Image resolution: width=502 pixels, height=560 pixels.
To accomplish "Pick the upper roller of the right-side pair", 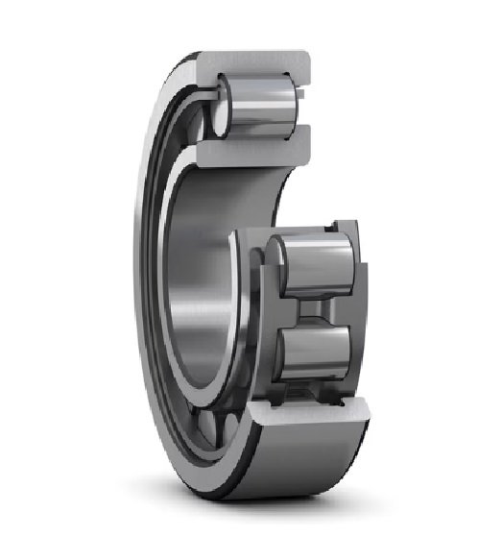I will coord(312,263).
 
